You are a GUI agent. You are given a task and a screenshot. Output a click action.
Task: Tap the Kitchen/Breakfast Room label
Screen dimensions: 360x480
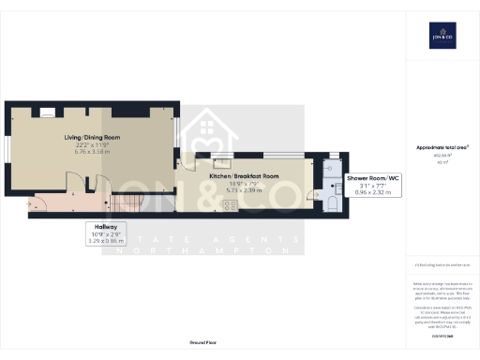point(244,175)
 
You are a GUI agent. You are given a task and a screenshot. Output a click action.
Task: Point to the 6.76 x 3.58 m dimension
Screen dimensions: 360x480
point(92,153)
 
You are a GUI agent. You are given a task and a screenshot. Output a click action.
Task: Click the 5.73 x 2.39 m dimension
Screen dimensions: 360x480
point(244,190)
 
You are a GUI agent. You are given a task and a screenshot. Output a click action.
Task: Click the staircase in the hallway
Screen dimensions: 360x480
point(131,200)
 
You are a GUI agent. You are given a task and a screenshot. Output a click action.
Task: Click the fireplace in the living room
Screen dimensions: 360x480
point(47,112)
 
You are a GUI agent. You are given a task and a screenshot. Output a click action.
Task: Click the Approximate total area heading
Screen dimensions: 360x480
point(442,148)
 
